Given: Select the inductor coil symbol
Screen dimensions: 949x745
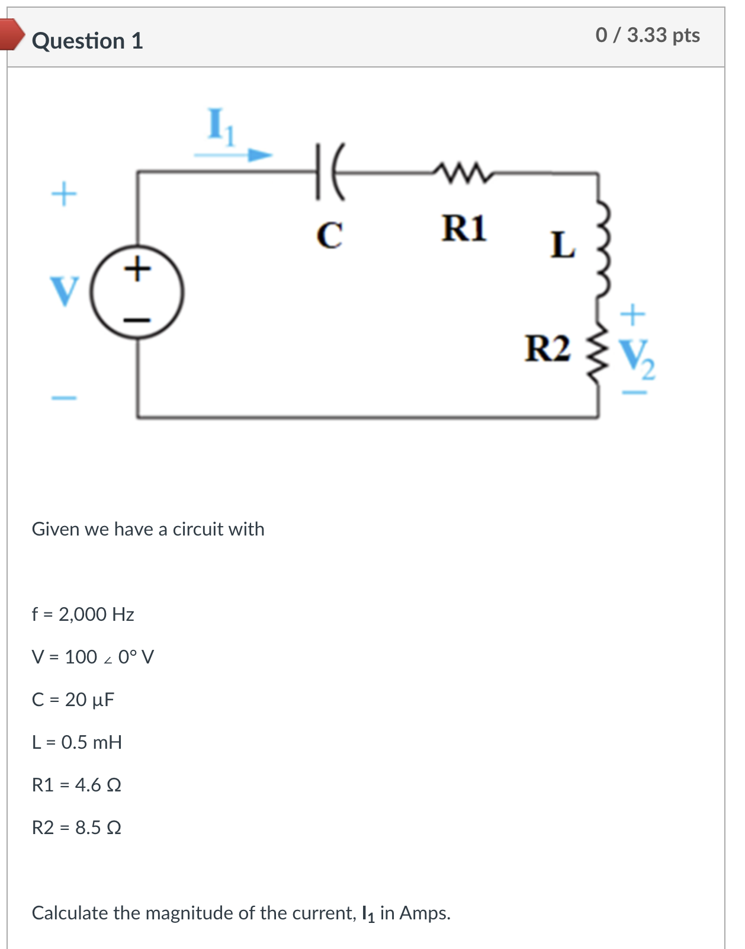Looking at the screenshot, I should (x=602, y=251).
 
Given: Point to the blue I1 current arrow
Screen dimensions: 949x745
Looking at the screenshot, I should (x=233, y=155).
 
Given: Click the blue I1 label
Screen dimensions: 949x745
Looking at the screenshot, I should (x=221, y=126).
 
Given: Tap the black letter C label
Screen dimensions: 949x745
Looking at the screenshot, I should (x=329, y=235).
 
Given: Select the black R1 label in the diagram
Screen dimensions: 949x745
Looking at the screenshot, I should (x=464, y=228).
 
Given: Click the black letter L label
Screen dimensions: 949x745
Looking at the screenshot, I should (x=562, y=245).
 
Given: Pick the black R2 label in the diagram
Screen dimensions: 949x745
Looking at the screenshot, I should (x=547, y=348).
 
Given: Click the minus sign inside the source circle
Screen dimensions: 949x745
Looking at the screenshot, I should (x=137, y=320).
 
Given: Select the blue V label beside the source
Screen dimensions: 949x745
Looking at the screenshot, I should (x=65, y=291).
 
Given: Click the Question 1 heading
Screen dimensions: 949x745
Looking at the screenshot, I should (x=87, y=41).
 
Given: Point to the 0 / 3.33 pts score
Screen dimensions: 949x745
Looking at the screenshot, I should (x=647, y=35).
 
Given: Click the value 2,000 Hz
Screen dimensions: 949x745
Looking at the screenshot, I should (x=96, y=614).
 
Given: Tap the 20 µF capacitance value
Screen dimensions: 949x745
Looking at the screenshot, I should (x=89, y=700).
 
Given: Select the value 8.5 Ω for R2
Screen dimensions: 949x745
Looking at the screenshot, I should (x=98, y=828).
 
